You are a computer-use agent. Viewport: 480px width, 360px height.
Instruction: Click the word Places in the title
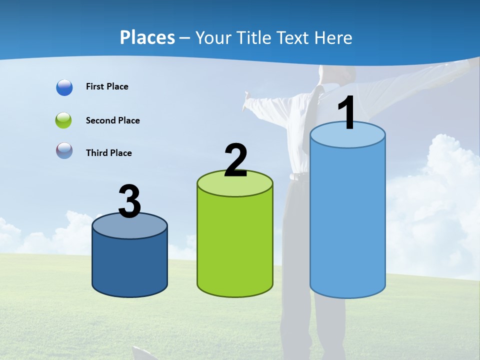(147, 37)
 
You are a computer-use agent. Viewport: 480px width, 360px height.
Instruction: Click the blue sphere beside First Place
(64, 87)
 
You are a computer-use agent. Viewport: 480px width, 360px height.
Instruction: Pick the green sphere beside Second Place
(64, 120)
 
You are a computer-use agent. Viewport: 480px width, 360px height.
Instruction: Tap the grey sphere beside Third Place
(64, 151)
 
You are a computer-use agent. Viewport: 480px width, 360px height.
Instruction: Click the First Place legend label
(107, 86)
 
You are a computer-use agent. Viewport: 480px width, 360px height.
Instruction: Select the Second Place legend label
(112, 120)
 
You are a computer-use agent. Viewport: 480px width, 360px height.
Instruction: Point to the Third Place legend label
(108, 153)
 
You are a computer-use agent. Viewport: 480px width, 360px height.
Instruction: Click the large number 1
(346, 113)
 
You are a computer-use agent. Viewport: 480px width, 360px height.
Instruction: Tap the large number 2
(235, 160)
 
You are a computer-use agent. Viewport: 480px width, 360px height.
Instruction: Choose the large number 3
(129, 201)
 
